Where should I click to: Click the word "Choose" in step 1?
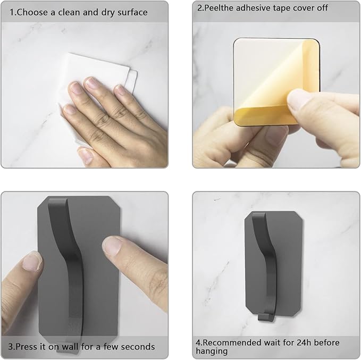(x=32, y=12)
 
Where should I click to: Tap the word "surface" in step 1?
(x=132, y=12)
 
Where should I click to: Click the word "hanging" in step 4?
(x=212, y=351)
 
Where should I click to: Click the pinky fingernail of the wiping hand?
(x=69, y=108)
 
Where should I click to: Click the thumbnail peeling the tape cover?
(x=297, y=99)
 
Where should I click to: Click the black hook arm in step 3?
(x=73, y=265)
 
